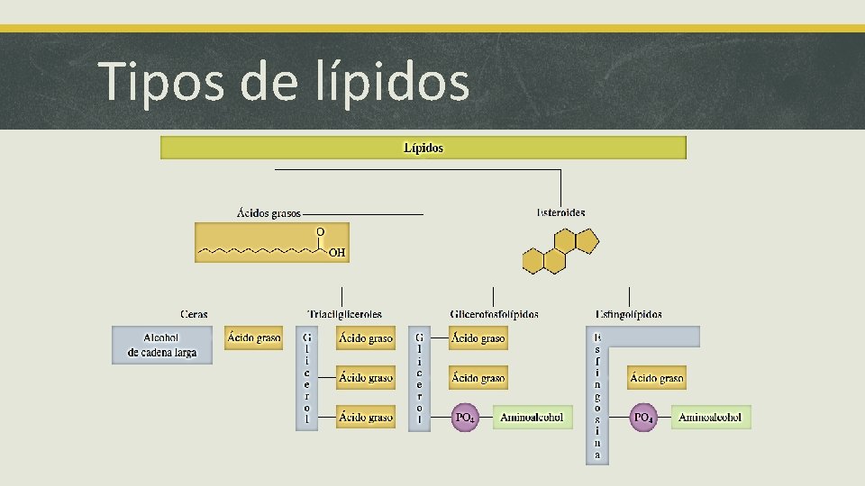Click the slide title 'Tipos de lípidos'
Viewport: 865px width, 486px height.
click(284, 81)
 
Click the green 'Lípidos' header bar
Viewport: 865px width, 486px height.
click(423, 148)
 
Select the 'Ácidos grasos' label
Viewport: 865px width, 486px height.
click(269, 213)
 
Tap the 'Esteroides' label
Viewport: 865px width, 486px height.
click(560, 213)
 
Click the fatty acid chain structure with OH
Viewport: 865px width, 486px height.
click(271, 243)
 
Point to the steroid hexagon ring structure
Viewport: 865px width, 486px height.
click(560, 250)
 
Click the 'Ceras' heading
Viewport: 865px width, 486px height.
click(194, 314)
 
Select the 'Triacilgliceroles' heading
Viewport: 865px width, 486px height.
click(344, 314)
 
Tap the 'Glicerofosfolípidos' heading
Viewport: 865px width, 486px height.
click(494, 314)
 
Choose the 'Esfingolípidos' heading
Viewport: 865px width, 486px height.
click(629, 314)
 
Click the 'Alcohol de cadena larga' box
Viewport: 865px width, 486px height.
click(162, 345)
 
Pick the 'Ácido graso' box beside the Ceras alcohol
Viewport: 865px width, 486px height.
click(254, 338)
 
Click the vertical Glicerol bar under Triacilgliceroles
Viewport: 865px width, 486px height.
click(306, 378)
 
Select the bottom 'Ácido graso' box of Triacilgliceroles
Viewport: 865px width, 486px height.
click(366, 417)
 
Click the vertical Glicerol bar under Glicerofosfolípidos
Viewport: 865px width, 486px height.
click(419, 378)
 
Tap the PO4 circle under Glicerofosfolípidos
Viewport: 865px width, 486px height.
click(465, 418)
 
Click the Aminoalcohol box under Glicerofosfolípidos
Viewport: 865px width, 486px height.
click(532, 418)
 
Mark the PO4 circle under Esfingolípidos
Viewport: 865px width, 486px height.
click(643, 418)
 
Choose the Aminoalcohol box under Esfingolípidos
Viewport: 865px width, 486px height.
click(710, 418)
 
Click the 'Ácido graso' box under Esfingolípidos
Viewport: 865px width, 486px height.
click(657, 379)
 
